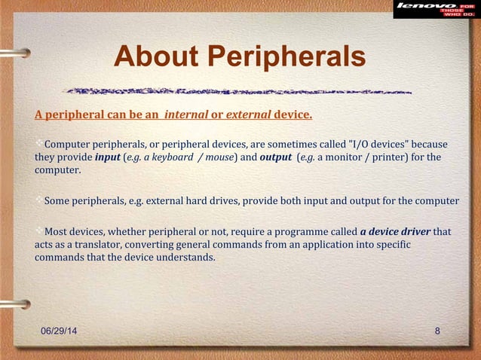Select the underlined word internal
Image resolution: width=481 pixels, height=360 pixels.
point(186,116)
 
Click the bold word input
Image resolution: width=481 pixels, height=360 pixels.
point(108,157)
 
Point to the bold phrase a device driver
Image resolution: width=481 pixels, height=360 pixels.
point(395,231)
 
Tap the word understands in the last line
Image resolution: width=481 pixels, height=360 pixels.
point(188,257)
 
